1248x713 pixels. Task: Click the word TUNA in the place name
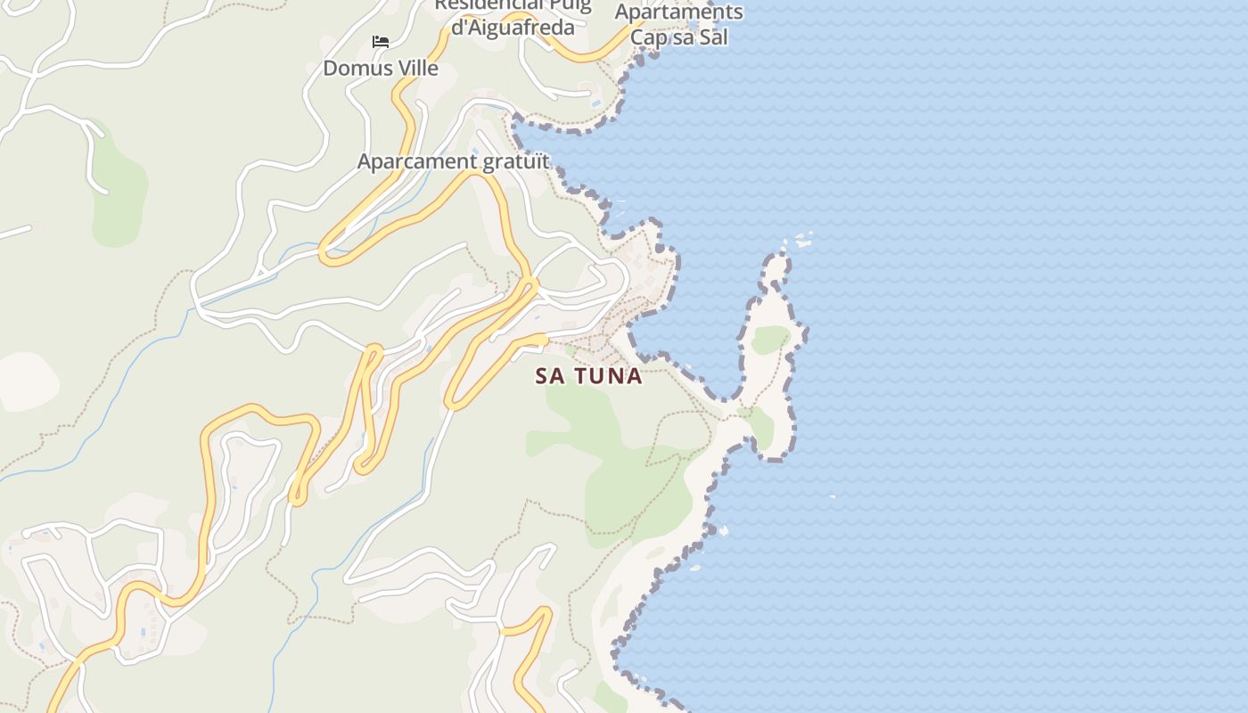tap(609, 376)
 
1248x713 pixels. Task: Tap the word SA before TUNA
tap(550, 376)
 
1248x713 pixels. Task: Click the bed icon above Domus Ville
tap(381, 42)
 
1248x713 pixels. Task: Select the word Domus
tap(352, 68)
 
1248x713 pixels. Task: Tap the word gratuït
tap(516, 161)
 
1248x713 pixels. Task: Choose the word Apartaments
tap(679, 12)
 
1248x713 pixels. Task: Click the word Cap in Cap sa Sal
tap(648, 37)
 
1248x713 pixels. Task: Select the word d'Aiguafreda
tap(513, 28)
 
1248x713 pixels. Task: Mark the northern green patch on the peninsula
tap(768, 340)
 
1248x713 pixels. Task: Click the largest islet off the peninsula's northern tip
tap(804, 240)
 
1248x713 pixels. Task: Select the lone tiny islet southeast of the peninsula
tap(833, 496)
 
